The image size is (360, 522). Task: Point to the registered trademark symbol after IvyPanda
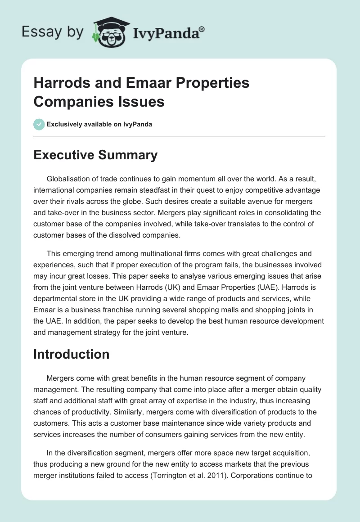click(x=202, y=29)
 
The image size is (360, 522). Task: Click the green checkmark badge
click(x=39, y=124)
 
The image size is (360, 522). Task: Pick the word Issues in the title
click(x=142, y=102)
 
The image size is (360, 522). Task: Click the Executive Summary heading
click(x=95, y=155)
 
